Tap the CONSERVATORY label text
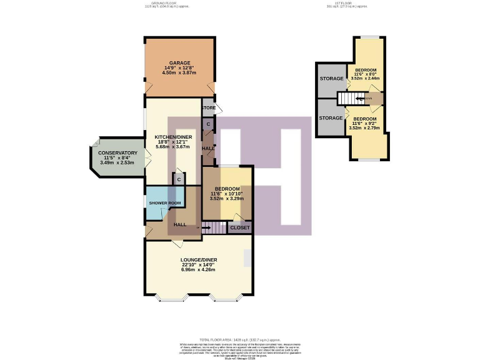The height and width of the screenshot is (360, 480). pyautogui.click(x=117, y=152)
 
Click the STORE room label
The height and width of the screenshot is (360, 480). pyautogui.click(x=208, y=108)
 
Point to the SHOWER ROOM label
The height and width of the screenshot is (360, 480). pyautogui.click(x=165, y=203)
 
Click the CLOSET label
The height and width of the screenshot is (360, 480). pyautogui.click(x=240, y=228)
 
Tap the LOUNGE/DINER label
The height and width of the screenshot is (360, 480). pyautogui.click(x=199, y=259)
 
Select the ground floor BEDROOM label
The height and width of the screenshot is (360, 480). pyautogui.click(x=227, y=189)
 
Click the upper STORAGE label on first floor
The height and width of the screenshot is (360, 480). pyautogui.click(x=331, y=79)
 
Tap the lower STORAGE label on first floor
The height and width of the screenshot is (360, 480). pyautogui.click(x=331, y=117)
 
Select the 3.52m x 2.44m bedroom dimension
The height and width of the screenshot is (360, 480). pyautogui.click(x=365, y=79)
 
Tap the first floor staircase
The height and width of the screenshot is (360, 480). pyautogui.click(x=346, y=99)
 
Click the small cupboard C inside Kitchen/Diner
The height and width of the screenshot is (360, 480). pyautogui.click(x=179, y=180)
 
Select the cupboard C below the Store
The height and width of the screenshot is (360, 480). pyautogui.click(x=208, y=124)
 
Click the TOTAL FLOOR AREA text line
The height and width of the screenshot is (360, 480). pyautogui.click(x=239, y=338)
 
